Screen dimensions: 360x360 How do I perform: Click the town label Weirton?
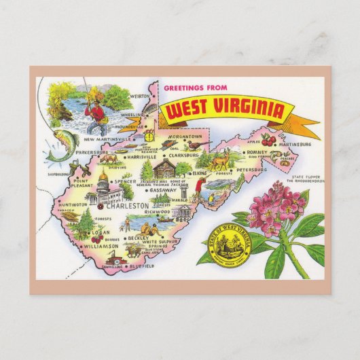coord(139,96)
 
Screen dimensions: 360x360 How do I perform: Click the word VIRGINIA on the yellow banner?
coord(256,109)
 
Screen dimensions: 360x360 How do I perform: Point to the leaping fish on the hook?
coord(58,143)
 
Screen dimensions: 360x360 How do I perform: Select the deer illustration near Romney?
coord(220,161)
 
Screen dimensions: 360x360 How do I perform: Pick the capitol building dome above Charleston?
coord(103,180)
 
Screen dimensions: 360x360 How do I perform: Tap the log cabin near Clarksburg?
coord(164,168)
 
